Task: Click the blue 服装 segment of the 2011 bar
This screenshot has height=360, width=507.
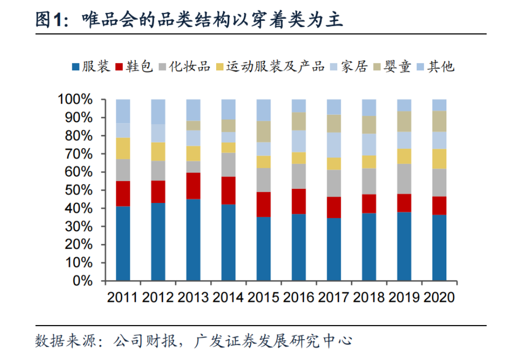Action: [x=123, y=244]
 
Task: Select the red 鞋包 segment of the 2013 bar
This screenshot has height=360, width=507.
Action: [x=193, y=186]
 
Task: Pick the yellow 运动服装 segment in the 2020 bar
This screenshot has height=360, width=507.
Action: [x=439, y=158]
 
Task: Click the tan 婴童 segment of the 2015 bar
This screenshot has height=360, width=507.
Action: [x=264, y=131]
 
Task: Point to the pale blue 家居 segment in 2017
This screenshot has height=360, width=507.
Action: [x=334, y=145]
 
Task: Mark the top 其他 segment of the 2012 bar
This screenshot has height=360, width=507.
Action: [x=158, y=111]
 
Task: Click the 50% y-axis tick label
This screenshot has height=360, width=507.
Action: [x=78, y=190]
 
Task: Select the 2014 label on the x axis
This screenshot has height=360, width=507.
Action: [x=228, y=297]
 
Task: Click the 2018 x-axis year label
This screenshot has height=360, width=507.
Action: [x=369, y=297]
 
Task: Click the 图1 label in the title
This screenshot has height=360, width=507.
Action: [x=49, y=20]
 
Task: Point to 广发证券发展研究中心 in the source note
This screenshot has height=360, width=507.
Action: [x=271, y=341]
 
